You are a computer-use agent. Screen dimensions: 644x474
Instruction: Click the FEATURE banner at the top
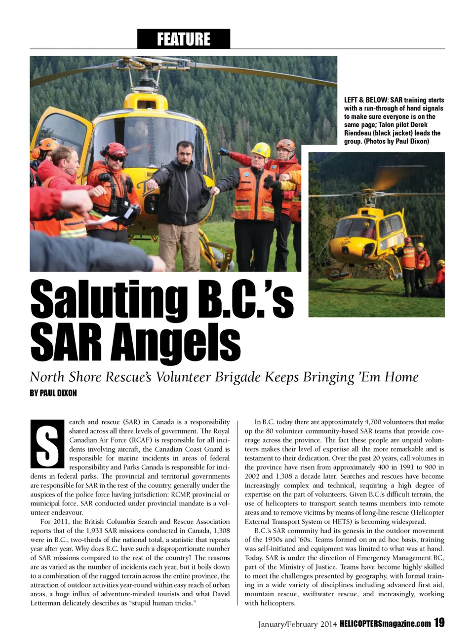pyautogui.click(x=183, y=39)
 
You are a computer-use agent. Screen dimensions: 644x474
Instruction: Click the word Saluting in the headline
pyautogui.click(x=109, y=300)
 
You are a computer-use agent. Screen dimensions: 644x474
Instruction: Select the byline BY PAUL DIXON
pyautogui.click(x=53, y=393)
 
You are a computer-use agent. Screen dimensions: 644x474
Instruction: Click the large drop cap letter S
pyautogui.click(x=47, y=443)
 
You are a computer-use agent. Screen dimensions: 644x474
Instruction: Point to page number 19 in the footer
pyautogui.click(x=439, y=623)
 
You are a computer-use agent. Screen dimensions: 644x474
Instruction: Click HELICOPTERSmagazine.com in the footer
pyautogui.click(x=385, y=624)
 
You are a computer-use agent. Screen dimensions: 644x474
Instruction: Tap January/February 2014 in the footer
pyautogui.click(x=297, y=624)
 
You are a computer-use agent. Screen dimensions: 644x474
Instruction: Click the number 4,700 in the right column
pyautogui.click(x=373, y=422)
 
